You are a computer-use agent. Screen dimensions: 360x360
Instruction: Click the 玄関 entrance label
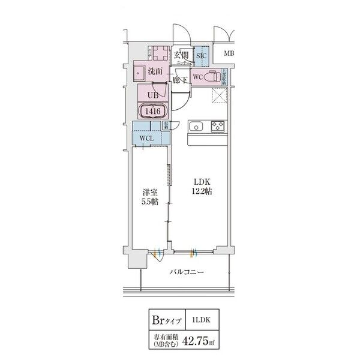tap(181, 56)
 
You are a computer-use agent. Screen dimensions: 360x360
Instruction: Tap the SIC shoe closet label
tap(201, 56)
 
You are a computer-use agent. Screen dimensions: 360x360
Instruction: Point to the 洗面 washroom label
tap(155, 71)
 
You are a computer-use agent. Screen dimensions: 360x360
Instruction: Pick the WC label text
tap(197, 77)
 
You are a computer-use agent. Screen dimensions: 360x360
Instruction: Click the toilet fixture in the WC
tap(211, 77)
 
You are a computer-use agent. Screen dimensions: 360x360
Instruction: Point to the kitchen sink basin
tap(197, 127)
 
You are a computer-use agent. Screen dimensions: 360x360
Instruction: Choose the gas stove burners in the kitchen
tap(218, 127)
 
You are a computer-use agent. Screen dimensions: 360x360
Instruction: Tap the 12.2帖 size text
tap(201, 191)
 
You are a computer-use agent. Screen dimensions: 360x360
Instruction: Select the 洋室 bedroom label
tap(149, 193)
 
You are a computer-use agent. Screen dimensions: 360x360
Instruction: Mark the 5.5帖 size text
tap(149, 203)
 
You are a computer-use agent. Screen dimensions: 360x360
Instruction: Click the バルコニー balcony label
tap(185, 272)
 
